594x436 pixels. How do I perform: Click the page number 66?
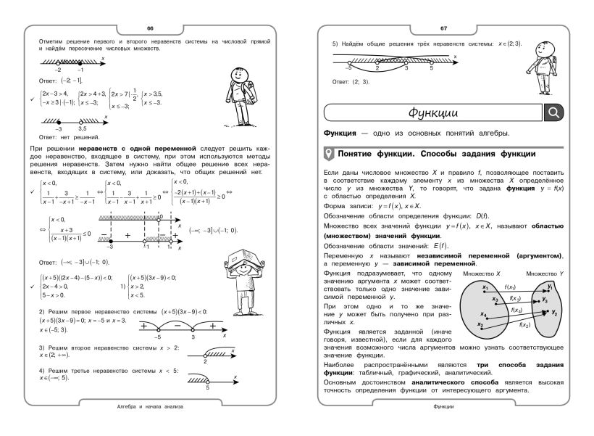[150, 28]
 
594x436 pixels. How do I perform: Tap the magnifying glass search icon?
[553, 112]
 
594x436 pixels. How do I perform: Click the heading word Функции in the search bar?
[432, 112]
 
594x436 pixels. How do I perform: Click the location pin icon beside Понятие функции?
[330, 154]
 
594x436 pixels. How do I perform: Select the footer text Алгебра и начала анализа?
[150, 407]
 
